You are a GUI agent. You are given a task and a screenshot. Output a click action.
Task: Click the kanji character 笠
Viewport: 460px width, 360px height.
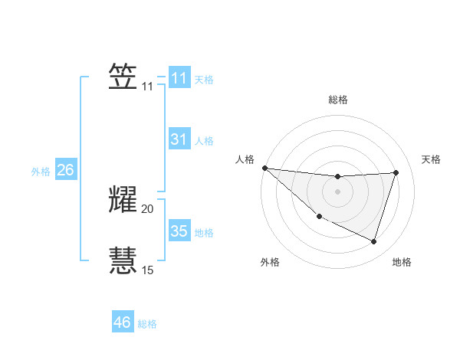click(x=123, y=77)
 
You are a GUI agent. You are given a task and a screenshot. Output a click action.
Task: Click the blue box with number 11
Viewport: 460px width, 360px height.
click(x=179, y=78)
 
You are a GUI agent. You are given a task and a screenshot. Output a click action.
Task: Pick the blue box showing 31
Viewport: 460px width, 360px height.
click(x=179, y=139)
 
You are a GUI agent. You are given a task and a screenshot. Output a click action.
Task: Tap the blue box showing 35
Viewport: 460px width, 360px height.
click(x=179, y=231)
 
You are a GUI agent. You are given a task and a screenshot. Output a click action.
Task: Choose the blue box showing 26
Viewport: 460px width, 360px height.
click(x=65, y=170)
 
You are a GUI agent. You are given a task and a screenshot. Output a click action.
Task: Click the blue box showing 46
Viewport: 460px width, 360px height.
click(x=122, y=322)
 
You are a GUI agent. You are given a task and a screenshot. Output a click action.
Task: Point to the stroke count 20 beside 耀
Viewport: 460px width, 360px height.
click(x=147, y=208)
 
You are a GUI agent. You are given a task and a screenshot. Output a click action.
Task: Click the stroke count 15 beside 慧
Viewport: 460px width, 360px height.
click(x=147, y=270)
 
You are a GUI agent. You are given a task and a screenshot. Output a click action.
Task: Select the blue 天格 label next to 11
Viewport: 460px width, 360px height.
click(x=204, y=80)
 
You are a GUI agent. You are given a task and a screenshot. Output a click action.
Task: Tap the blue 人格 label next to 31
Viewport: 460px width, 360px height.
click(x=204, y=141)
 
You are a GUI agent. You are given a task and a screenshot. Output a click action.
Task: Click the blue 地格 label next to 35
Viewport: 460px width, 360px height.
click(x=204, y=233)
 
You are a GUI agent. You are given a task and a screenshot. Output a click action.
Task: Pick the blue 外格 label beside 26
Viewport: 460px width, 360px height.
click(x=41, y=172)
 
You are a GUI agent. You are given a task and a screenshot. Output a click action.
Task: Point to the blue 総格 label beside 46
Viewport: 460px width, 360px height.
click(x=147, y=324)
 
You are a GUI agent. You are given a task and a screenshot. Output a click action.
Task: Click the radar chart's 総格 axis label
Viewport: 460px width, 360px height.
click(x=338, y=100)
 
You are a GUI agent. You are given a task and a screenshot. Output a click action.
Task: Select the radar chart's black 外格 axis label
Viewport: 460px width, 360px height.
click(x=270, y=262)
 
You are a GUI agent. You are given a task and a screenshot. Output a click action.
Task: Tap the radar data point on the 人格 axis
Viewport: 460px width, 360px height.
click(x=264, y=168)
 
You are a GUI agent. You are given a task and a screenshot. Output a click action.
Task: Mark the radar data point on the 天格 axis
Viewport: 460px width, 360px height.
click(x=396, y=172)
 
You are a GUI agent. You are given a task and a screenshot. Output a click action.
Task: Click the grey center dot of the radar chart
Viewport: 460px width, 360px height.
click(x=338, y=191)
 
